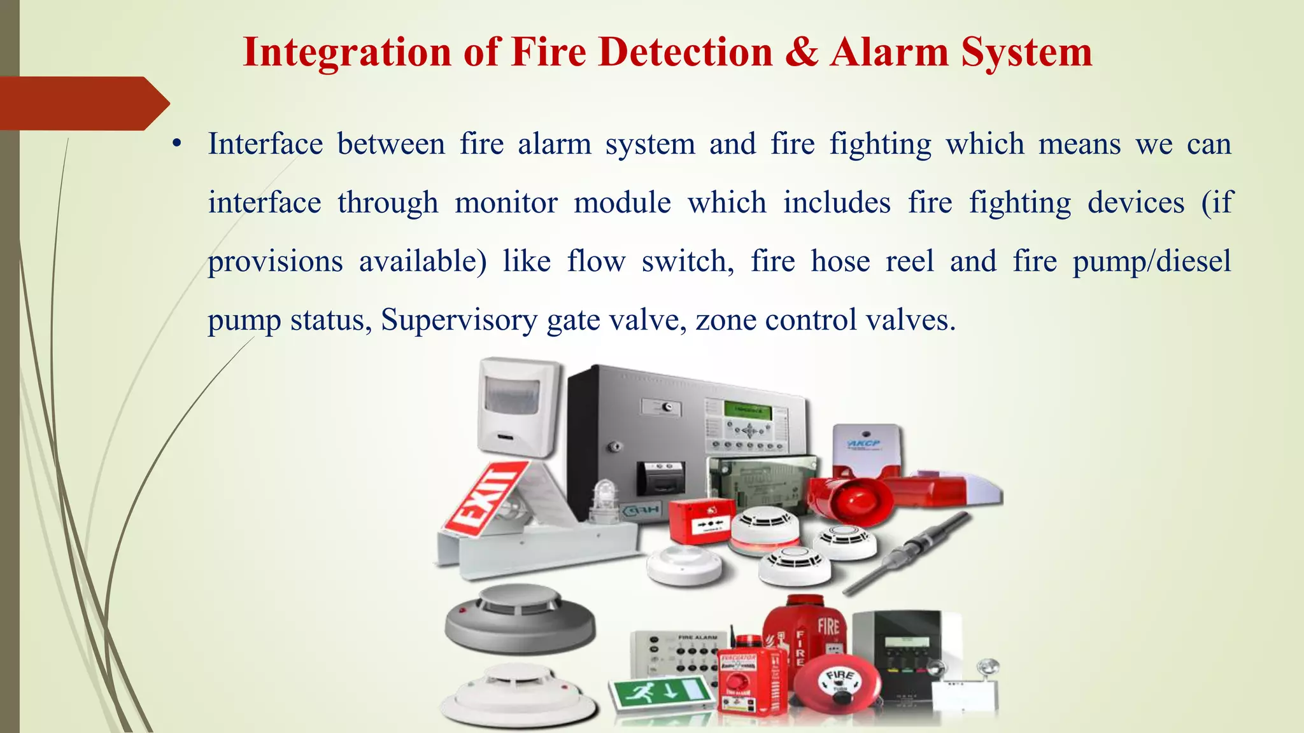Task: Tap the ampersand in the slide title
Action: click(x=802, y=52)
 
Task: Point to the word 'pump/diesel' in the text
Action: click(x=1152, y=262)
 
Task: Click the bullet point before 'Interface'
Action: click(x=177, y=144)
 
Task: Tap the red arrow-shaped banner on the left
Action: click(x=83, y=103)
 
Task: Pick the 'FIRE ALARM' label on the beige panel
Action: click(x=697, y=637)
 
